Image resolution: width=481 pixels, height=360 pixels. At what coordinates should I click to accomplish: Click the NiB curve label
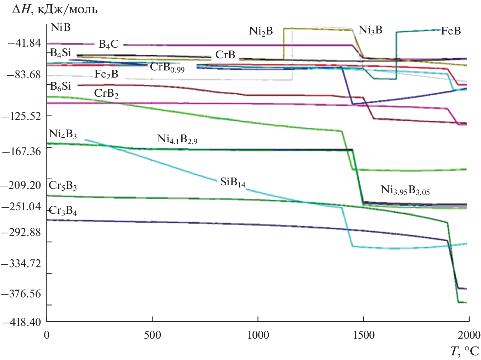pos(61,27)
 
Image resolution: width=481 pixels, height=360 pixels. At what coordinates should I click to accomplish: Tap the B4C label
pos(108,44)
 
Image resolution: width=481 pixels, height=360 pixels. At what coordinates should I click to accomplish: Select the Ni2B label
pos(261,31)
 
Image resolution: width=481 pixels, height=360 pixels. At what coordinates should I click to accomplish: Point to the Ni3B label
pos(370,30)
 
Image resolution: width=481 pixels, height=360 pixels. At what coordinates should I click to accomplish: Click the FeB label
pos(451,31)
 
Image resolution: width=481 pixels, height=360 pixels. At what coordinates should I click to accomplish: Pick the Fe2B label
pos(106,74)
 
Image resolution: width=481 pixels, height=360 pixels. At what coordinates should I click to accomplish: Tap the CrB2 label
pos(106,94)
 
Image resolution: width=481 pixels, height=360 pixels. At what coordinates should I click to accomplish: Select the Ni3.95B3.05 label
pos(405,190)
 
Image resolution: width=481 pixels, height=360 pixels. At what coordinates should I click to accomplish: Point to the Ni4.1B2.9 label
pos(177,139)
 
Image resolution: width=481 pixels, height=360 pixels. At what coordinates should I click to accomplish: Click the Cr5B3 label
pos(63,186)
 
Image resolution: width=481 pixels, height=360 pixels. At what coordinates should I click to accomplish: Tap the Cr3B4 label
pos(63,211)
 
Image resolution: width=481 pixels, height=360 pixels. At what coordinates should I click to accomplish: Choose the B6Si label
pos(61,86)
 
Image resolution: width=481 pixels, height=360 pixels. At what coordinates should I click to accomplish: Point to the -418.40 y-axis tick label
pos(22,322)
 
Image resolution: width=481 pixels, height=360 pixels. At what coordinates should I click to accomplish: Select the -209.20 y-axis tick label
pos(22,185)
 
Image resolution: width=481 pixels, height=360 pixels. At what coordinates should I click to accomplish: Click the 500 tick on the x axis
pos(152,335)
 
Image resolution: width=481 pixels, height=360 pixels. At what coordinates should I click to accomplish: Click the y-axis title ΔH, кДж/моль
pos(55,10)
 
